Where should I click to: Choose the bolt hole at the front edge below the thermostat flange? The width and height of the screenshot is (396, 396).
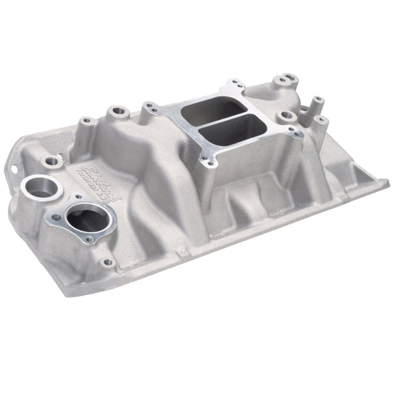pyautogui.click(x=106, y=262)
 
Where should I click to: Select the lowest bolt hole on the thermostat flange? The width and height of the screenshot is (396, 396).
pyautogui.click(x=88, y=239)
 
